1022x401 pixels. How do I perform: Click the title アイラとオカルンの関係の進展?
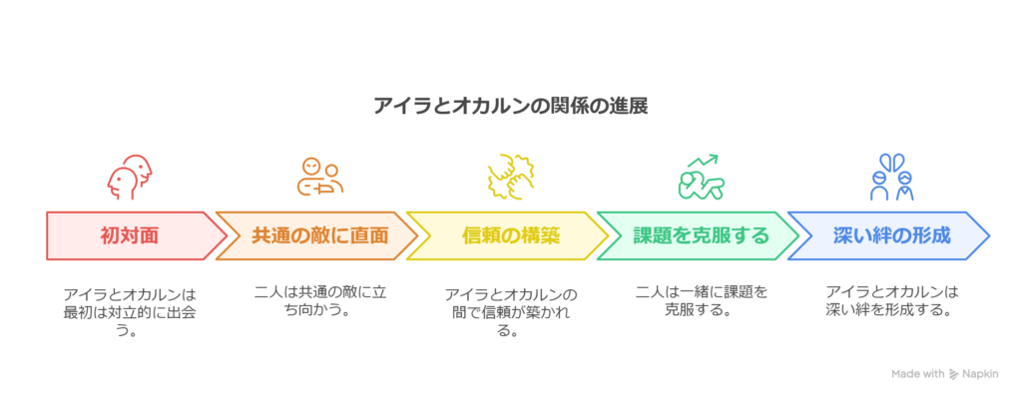tap(511, 106)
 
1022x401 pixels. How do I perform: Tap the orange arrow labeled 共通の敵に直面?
tap(316, 235)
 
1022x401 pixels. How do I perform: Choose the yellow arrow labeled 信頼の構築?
tap(507, 235)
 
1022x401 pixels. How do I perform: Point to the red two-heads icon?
tap(130, 178)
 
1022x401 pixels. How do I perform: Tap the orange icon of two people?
tap(320, 178)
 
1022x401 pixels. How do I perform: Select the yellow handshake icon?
tap(512, 176)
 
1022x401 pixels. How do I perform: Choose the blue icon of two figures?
tap(892, 178)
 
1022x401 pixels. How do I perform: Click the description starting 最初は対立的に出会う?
tap(130, 312)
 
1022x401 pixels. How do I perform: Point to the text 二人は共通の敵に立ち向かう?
tap(320, 299)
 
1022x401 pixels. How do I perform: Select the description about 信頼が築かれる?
tap(512, 312)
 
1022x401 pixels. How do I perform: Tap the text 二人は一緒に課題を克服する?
tap(702, 299)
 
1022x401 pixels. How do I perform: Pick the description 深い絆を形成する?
tap(892, 299)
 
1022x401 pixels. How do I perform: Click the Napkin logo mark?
tap(954, 374)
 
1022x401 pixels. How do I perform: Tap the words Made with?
tap(918, 374)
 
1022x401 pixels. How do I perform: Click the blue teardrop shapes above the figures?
tap(892, 162)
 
